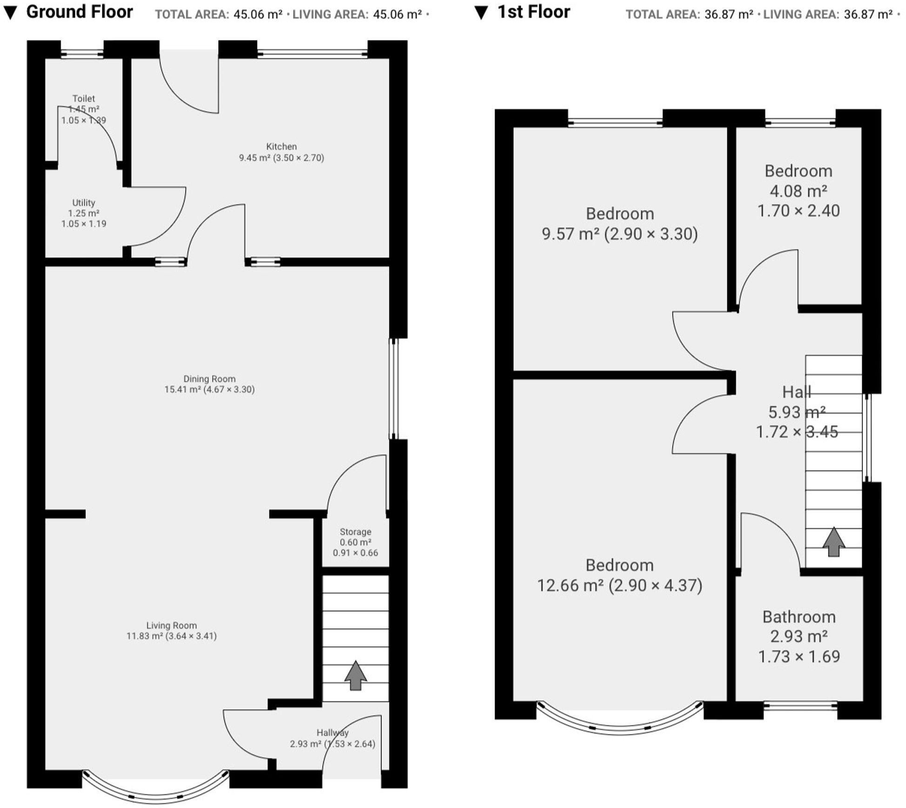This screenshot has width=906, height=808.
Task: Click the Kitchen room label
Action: (x=281, y=147)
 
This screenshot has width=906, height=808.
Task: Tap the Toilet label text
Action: (x=83, y=99)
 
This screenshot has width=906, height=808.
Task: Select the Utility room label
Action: (x=83, y=203)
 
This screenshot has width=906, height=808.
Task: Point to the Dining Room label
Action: (x=209, y=379)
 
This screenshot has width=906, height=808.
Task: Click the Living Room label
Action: (x=171, y=626)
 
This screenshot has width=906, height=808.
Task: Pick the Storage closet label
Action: (x=355, y=532)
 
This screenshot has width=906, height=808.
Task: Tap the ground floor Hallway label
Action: (x=332, y=733)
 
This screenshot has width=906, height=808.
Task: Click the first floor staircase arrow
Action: (x=833, y=542)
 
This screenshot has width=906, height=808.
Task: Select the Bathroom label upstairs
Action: (x=799, y=617)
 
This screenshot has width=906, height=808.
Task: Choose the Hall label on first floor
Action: (x=797, y=392)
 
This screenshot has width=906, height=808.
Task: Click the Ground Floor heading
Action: (x=80, y=12)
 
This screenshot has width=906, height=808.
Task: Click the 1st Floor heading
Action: (x=534, y=12)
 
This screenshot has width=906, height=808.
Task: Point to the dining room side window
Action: (x=394, y=389)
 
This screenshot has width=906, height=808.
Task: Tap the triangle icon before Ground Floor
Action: (x=10, y=13)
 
